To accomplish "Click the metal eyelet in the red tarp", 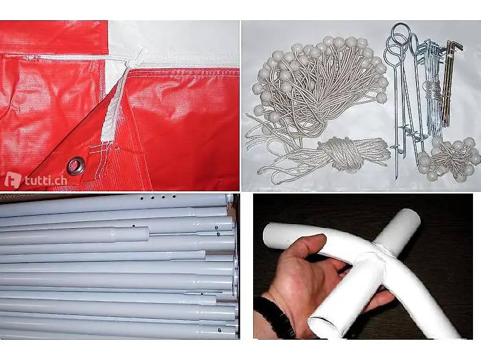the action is (76, 165).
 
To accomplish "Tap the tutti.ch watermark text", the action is (46, 181).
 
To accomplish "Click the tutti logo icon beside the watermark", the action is (13, 180).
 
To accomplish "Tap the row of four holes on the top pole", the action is (158, 197).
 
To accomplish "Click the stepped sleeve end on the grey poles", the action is (132, 235).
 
